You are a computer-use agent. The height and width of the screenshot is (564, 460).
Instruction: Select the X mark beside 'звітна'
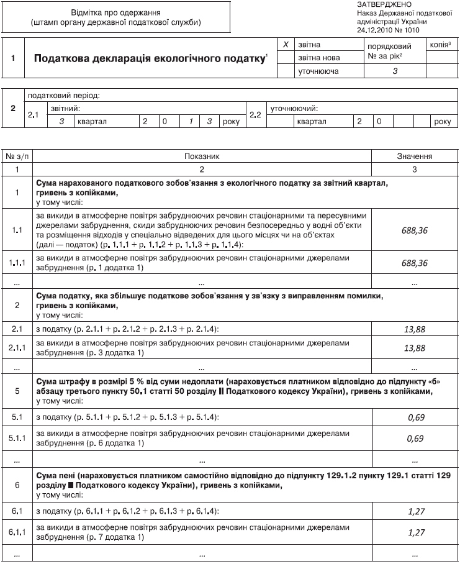(x=285, y=45)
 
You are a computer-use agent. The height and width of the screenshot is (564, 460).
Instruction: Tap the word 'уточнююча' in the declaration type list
(x=318, y=71)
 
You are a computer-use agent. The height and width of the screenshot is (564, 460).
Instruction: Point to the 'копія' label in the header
(x=440, y=45)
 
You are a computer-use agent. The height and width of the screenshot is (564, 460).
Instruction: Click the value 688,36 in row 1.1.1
(x=415, y=263)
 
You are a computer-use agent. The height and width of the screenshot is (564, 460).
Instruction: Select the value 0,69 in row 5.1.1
(x=415, y=439)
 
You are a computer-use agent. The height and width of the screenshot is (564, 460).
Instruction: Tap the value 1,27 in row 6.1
(x=415, y=511)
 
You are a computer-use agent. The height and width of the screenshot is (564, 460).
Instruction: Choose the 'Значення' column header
(x=414, y=157)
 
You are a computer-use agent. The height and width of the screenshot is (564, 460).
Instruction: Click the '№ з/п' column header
(x=17, y=157)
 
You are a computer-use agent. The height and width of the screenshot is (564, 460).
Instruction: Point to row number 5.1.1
(x=17, y=439)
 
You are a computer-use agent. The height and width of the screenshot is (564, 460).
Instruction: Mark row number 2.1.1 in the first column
(x=17, y=348)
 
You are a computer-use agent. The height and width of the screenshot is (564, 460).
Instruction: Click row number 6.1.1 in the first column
(x=17, y=532)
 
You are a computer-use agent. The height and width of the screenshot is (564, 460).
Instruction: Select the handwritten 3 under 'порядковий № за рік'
(x=395, y=71)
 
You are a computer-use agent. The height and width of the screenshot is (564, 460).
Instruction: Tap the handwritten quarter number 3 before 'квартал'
(x=61, y=122)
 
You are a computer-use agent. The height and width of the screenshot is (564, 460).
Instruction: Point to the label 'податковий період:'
(x=63, y=96)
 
